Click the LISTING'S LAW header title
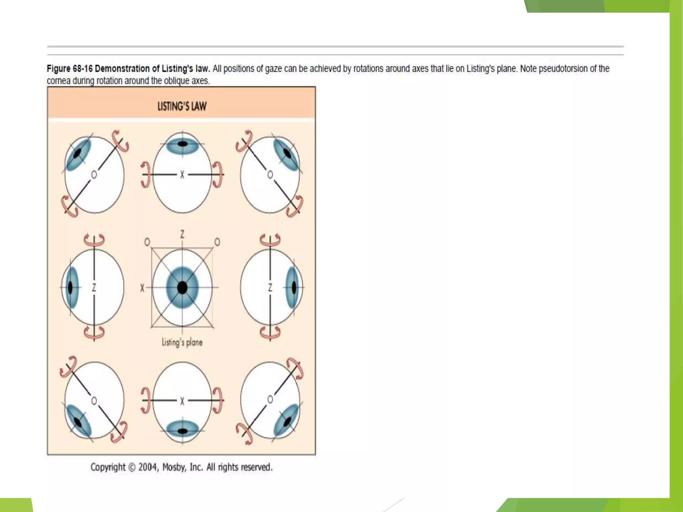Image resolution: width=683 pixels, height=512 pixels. click(182, 106)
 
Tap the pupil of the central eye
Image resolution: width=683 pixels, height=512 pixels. click(182, 287)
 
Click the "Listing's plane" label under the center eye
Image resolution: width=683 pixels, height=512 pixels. click(182, 342)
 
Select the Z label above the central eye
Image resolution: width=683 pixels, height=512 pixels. click(182, 234)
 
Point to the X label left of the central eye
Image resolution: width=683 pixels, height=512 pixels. click(142, 288)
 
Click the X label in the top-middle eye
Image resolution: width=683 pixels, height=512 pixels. click(182, 174)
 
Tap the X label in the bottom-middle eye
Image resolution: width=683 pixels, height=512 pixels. click(182, 401)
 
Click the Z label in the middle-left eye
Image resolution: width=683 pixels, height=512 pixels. click(94, 287)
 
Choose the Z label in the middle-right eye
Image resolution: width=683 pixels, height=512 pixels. click(270, 287)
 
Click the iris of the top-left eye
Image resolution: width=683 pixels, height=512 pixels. click(78, 154)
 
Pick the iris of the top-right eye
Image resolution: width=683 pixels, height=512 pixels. click(286, 154)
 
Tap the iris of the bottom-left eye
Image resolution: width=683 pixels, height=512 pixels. click(78, 421)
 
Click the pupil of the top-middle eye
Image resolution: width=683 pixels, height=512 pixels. click(182, 144)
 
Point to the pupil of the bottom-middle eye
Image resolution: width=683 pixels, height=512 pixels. click(182, 431)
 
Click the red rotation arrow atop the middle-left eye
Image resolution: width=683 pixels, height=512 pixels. click(94, 240)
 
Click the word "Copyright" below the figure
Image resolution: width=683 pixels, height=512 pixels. click(108, 467)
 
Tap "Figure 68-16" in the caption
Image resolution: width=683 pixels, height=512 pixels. click(69, 69)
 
